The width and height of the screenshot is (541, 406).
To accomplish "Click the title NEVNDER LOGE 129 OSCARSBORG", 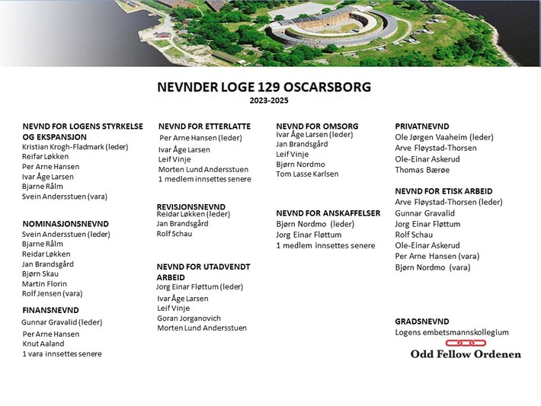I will pyautogui.click(x=264, y=87).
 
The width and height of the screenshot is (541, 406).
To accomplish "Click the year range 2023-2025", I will pyautogui.click(x=269, y=101).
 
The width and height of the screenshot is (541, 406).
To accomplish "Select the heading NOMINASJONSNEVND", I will pyautogui.click(x=66, y=224).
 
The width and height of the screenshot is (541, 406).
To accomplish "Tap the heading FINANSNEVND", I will pyautogui.click(x=50, y=311).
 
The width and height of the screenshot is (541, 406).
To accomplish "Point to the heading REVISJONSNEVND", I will pyautogui.click(x=190, y=206).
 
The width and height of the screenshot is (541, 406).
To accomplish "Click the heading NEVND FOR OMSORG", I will pyautogui.click(x=317, y=126).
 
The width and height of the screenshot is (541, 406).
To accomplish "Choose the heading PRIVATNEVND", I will pyautogui.click(x=421, y=126).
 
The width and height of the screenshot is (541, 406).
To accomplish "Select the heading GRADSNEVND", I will pyautogui.click(x=421, y=321).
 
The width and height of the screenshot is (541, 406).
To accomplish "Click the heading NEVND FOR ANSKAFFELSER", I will pyautogui.click(x=328, y=213).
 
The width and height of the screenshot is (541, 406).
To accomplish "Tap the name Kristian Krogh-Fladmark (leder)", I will pyautogui.click(x=75, y=146).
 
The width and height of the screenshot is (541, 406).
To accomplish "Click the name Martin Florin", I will pyautogui.click(x=44, y=284).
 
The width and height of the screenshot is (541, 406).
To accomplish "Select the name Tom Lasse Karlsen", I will pyautogui.click(x=307, y=174).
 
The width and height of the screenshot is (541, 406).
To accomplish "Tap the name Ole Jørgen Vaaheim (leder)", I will pyautogui.click(x=444, y=137).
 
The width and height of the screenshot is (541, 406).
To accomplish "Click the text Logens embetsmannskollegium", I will pyautogui.click(x=451, y=332).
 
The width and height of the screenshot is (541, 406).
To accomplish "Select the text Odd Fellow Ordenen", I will pyautogui.click(x=466, y=354).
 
